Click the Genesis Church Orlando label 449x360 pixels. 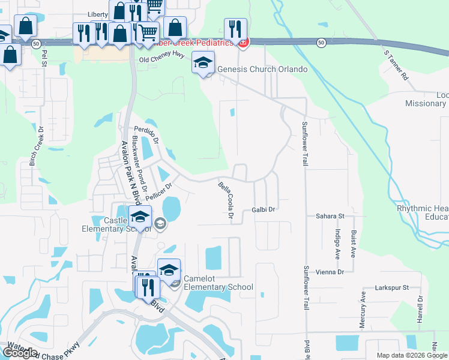point(262,69)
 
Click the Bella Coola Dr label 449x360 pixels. point(226,201)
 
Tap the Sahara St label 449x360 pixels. point(330,215)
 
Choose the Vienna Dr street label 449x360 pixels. point(332,272)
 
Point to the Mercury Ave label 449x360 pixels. point(363,310)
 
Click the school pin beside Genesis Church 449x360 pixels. point(203,63)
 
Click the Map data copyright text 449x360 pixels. point(411,355)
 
